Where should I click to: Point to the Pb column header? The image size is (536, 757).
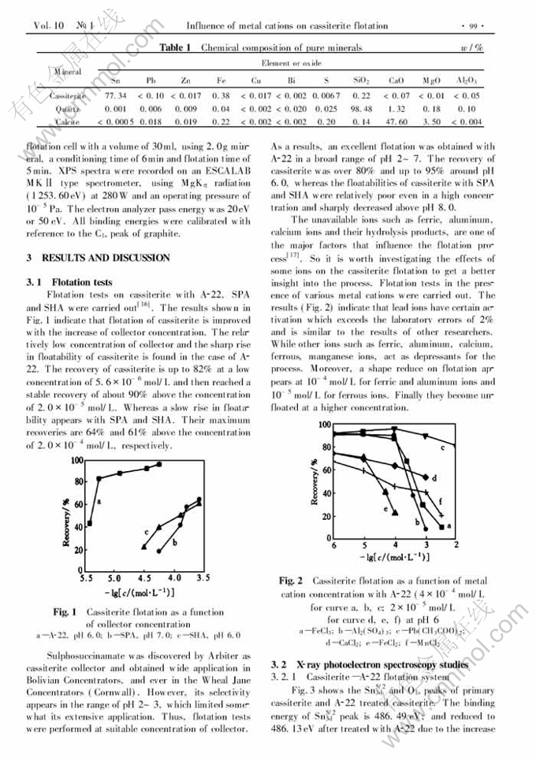[x=151, y=80]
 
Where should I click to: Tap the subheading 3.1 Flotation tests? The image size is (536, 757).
[x=69, y=282]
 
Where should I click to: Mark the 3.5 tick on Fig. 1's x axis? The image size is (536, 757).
[x=203, y=577]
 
